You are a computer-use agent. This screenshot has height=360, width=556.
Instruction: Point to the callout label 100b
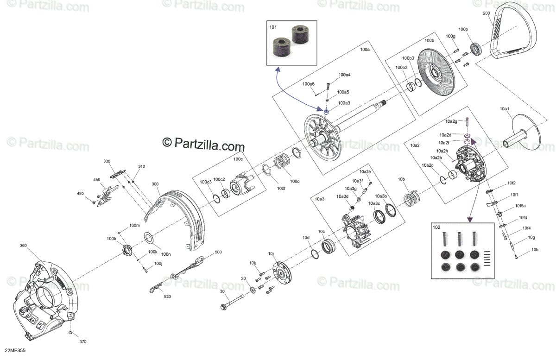pos(429,41)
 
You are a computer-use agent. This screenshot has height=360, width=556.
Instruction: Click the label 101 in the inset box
pos(273,27)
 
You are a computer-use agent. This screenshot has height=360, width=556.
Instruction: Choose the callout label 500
pos(218,253)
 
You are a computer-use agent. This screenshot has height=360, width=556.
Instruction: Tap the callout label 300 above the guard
pos(155,184)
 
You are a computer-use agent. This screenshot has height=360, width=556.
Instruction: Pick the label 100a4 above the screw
pos(344,75)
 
